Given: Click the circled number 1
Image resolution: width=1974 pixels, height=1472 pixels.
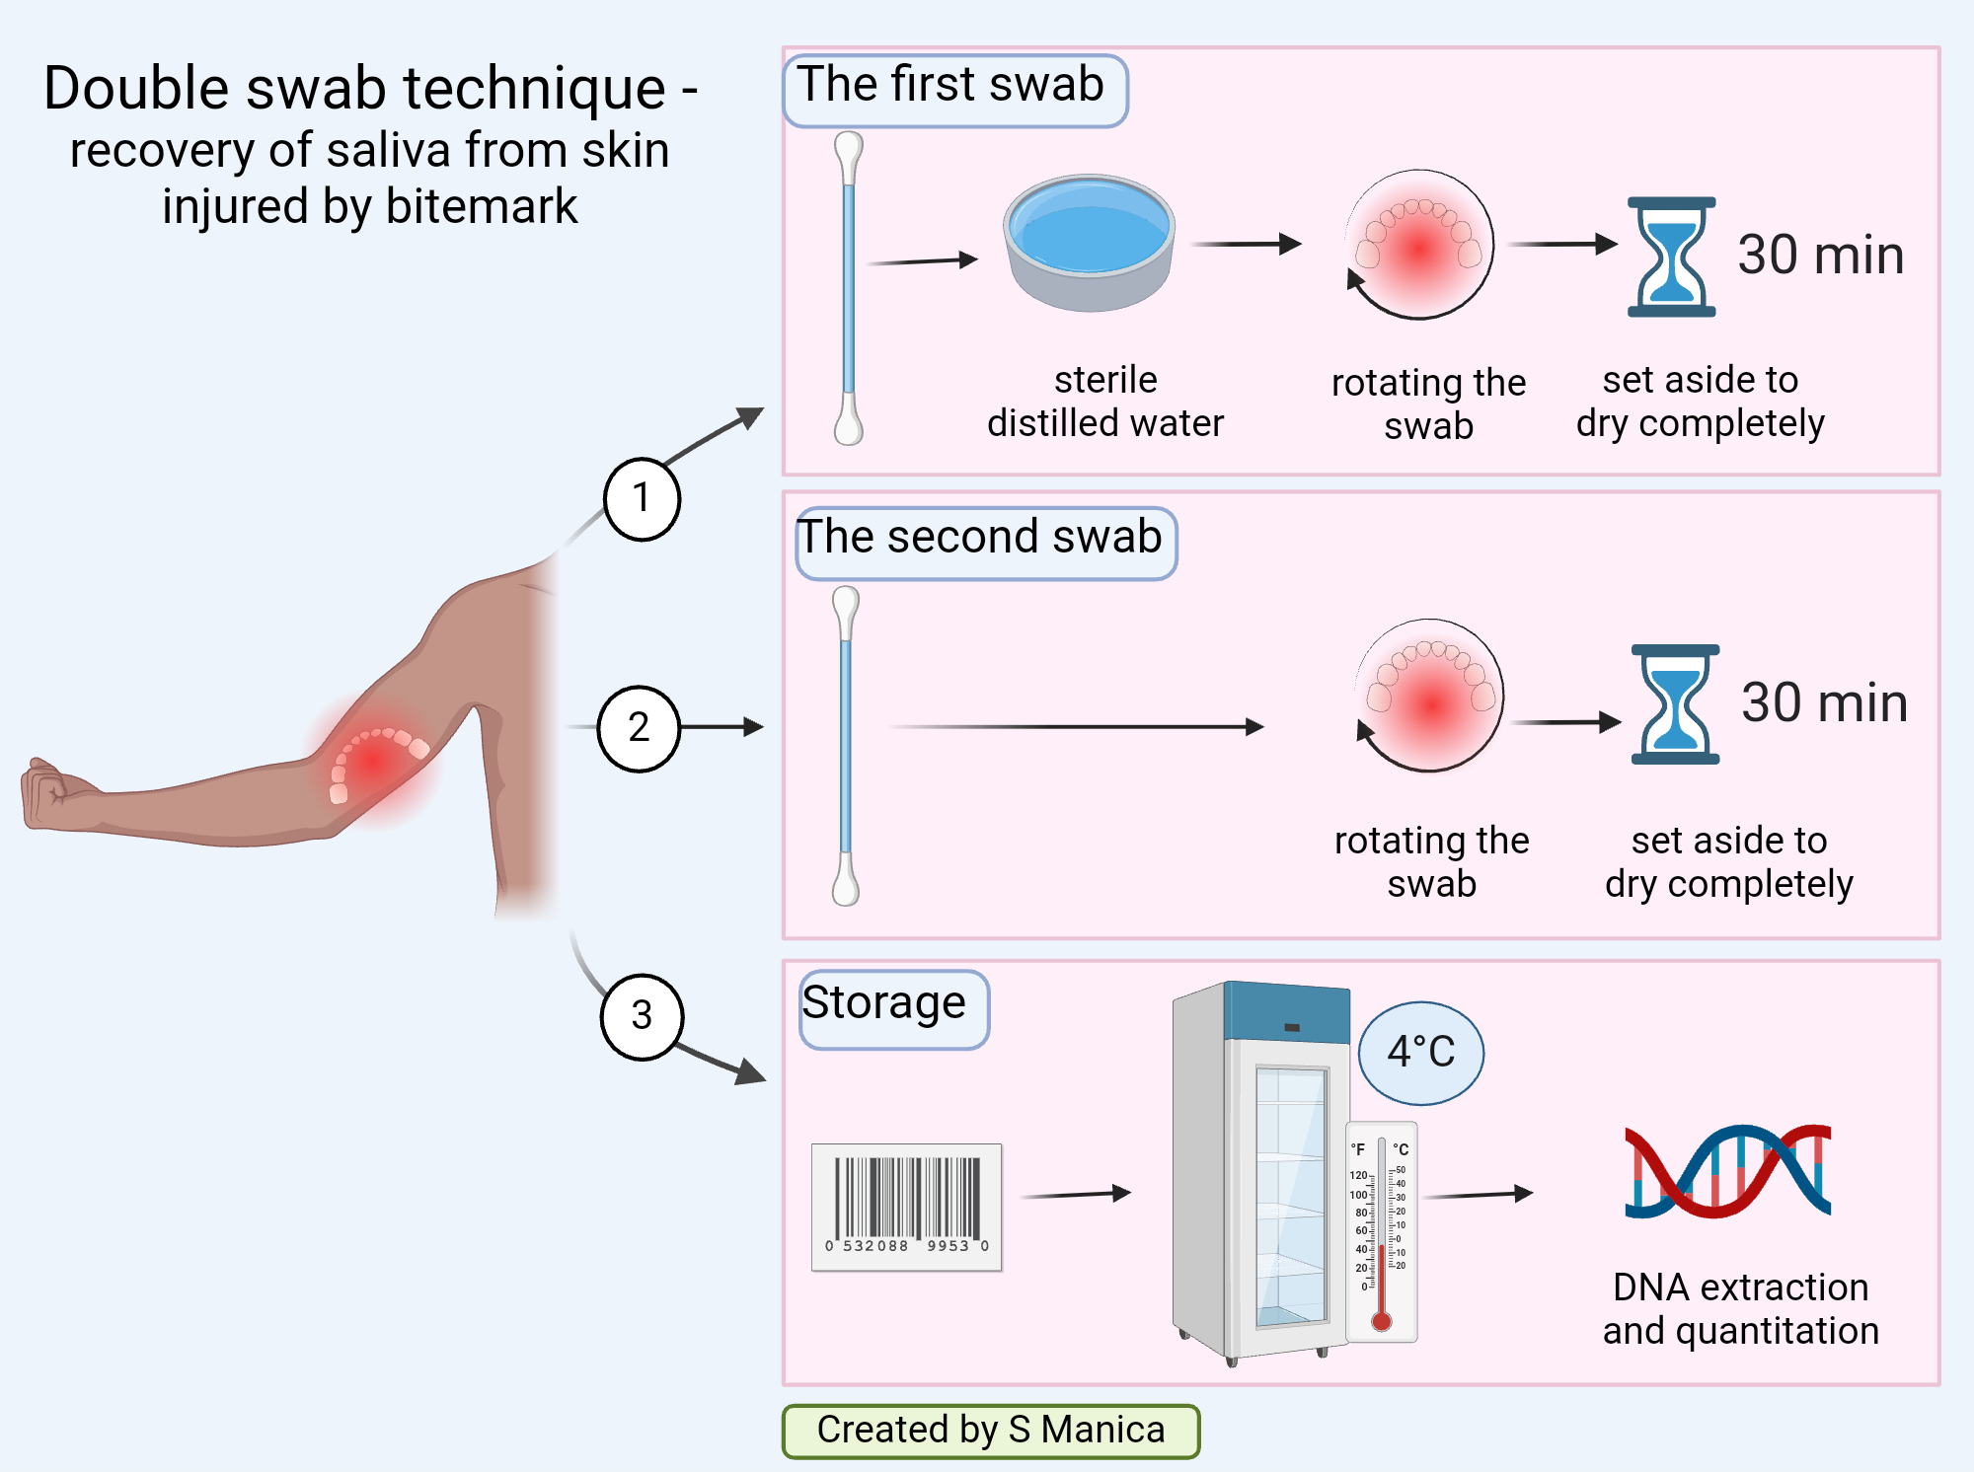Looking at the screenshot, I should [642, 499].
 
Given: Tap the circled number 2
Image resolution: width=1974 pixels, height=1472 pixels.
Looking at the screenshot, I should [639, 728].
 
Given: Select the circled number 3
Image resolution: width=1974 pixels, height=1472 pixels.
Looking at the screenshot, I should [642, 1016].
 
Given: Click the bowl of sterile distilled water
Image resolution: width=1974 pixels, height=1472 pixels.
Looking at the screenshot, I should [1090, 242].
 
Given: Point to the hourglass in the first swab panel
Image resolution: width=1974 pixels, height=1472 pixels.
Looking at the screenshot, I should [1671, 257].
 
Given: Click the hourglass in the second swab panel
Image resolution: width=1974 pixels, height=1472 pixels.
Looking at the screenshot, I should [1675, 704].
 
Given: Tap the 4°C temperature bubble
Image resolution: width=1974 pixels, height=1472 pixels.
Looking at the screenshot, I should [1420, 1053].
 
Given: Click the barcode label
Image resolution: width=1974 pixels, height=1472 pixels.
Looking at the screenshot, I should [906, 1207].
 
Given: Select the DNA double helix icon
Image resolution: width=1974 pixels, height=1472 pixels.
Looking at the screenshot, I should [1727, 1171].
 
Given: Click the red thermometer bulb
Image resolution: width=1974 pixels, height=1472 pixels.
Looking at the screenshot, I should [1382, 1321].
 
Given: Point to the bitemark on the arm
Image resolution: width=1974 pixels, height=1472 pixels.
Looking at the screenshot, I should [375, 760].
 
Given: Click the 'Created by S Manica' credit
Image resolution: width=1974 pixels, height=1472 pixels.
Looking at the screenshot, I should [990, 1431].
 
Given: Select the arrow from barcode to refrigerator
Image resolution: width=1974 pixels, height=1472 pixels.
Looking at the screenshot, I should [1076, 1195].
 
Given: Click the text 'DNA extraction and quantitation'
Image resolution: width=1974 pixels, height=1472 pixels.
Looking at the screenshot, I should [1740, 1308].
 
